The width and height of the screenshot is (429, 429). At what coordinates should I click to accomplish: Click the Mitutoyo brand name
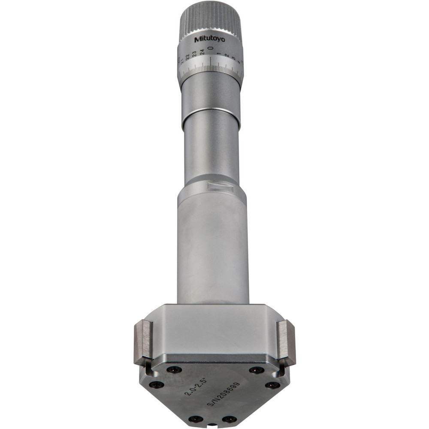[206, 39]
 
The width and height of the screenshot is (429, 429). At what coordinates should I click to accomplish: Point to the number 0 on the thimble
[210, 49]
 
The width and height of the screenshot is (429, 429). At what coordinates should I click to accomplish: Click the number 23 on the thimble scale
[194, 54]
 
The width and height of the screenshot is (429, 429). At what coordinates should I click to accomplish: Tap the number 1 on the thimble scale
[218, 54]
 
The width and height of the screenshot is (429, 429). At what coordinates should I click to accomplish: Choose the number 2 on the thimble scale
[226, 56]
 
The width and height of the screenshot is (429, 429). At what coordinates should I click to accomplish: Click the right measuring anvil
[286, 341]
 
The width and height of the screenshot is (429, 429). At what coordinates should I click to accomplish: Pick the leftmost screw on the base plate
[156, 385]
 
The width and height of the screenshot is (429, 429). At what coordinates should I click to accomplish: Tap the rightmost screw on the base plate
[272, 385]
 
